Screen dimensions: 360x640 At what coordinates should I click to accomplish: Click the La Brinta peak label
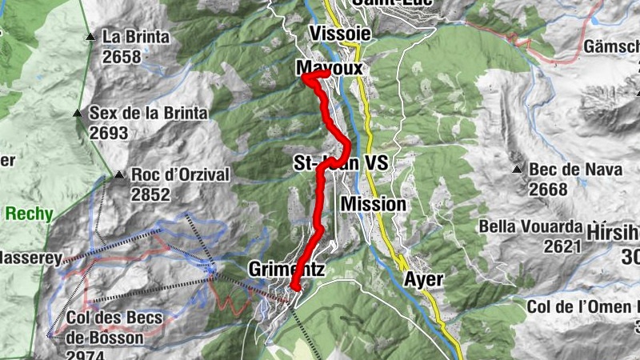tap(136, 37)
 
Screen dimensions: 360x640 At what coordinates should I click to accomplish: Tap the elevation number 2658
tap(122, 57)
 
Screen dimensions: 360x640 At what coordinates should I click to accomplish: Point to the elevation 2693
tap(109, 134)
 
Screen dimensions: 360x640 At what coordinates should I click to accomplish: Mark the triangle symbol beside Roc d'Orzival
tap(119, 174)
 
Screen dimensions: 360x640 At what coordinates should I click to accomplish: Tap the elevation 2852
tap(150, 194)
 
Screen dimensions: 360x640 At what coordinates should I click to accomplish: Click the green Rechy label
tap(29, 214)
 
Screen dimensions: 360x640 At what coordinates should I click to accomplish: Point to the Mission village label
tap(374, 204)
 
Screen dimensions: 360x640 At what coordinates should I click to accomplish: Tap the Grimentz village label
tap(286, 269)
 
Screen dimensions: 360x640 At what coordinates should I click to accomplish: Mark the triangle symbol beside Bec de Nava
tap(518, 170)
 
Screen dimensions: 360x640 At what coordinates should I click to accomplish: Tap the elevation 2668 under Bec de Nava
tap(548, 190)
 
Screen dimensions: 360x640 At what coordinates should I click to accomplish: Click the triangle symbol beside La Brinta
tap(90, 37)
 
